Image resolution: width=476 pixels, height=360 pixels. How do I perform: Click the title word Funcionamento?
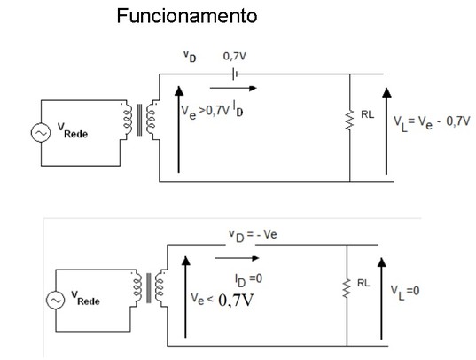(x=187, y=16)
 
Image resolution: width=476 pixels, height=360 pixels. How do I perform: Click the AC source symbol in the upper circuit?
(x=41, y=133)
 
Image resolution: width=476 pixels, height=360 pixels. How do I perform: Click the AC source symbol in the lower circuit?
(x=55, y=301)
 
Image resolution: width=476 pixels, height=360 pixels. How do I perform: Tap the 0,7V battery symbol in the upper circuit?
(x=235, y=74)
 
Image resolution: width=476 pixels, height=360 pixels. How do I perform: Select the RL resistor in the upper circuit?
(x=350, y=121)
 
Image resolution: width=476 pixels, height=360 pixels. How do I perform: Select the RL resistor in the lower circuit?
(x=347, y=288)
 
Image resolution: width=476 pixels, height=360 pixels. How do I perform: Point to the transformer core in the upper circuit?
(x=139, y=120)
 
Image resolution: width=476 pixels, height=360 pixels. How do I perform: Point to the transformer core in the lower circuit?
(x=148, y=288)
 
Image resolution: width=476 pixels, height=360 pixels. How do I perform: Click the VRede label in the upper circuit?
(x=73, y=130)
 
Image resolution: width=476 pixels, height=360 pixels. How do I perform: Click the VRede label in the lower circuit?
(x=86, y=298)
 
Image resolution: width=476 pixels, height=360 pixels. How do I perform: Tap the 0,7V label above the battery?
(x=235, y=56)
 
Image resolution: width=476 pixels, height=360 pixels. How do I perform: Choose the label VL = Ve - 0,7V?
(x=432, y=122)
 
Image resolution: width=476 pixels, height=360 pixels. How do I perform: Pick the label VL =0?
(x=405, y=292)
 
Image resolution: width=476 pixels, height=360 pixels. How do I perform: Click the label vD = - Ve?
(x=253, y=236)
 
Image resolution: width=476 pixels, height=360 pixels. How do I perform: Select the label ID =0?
(x=248, y=279)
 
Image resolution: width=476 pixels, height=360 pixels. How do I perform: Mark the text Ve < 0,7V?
(x=222, y=300)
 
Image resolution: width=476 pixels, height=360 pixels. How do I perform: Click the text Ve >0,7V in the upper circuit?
(x=206, y=112)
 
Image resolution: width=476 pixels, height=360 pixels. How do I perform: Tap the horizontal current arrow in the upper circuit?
(x=233, y=89)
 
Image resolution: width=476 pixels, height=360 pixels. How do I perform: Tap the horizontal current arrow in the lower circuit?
(x=237, y=258)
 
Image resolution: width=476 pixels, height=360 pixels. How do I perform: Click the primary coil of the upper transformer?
(x=128, y=120)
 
